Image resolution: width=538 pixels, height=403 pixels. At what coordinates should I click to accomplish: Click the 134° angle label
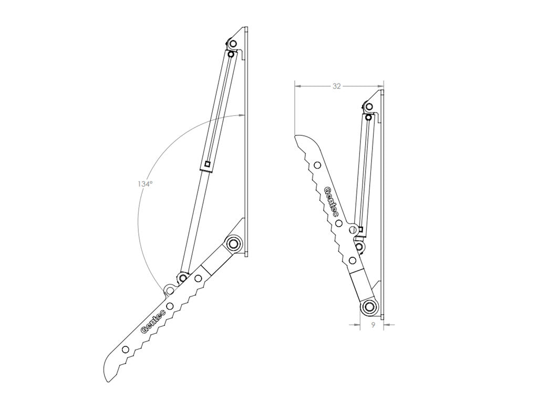tap(145, 184)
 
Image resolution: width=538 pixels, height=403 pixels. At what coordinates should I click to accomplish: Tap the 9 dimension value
tap(372, 325)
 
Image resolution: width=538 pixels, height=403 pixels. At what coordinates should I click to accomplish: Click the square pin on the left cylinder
tap(208, 164)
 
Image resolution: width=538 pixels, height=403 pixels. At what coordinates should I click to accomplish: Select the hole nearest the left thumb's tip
tap(125, 349)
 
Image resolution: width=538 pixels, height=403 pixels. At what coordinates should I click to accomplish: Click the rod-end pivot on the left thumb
tap(183, 277)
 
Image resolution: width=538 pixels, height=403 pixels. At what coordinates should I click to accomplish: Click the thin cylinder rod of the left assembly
tap(193, 220)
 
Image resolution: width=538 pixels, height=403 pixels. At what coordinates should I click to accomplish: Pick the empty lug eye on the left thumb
tap(169, 290)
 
